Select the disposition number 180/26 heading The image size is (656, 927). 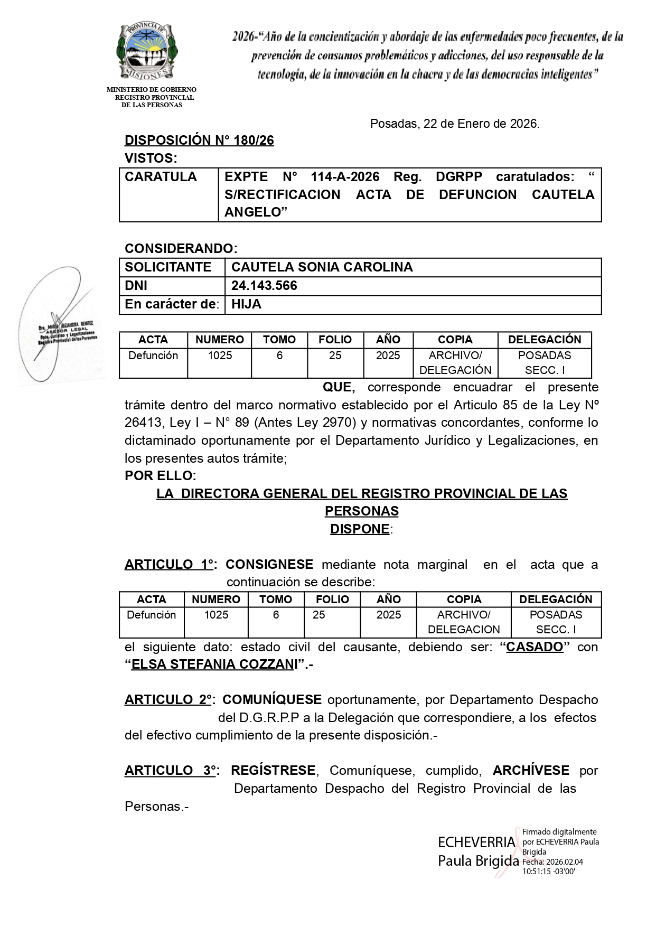point(199,141)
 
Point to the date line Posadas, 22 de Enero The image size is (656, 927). point(454,124)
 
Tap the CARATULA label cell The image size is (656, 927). point(161,177)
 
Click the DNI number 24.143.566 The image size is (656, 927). point(264,286)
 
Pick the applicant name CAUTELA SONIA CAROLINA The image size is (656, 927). point(322,267)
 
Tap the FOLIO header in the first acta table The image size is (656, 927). point(335,340)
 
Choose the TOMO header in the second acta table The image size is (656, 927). point(276,600)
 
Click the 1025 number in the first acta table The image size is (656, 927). point(220,355)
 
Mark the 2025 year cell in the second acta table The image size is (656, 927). point(389,615)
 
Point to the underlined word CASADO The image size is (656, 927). point(535,647)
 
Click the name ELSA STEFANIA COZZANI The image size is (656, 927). point(213,664)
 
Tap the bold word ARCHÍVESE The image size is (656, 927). point(531,771)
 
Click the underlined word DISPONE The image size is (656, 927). point(360,529)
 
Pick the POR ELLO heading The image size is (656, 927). point(161,476)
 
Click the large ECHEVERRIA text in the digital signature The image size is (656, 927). point(476,842)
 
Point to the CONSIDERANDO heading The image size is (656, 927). point(181,248)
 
